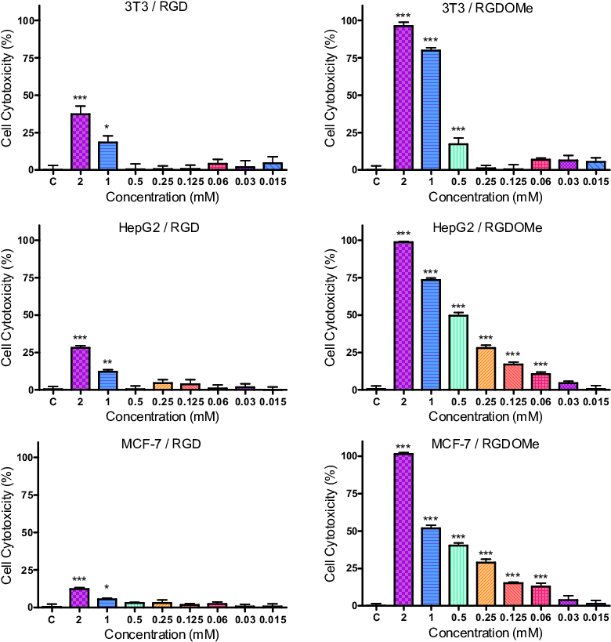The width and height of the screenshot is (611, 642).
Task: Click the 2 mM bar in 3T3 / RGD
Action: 81,142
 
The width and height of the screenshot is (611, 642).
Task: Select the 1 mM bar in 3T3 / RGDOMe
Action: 432,110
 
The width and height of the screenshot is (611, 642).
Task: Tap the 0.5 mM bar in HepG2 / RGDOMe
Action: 458,352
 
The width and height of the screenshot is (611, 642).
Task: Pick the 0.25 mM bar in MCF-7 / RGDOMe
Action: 486,584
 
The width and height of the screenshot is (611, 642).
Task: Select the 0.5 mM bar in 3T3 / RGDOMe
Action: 458,157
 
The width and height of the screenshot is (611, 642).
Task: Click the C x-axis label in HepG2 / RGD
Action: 53,401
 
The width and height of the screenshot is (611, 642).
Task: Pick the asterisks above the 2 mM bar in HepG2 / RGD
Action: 81,339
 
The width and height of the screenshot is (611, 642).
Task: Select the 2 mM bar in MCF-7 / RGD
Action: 81,597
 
